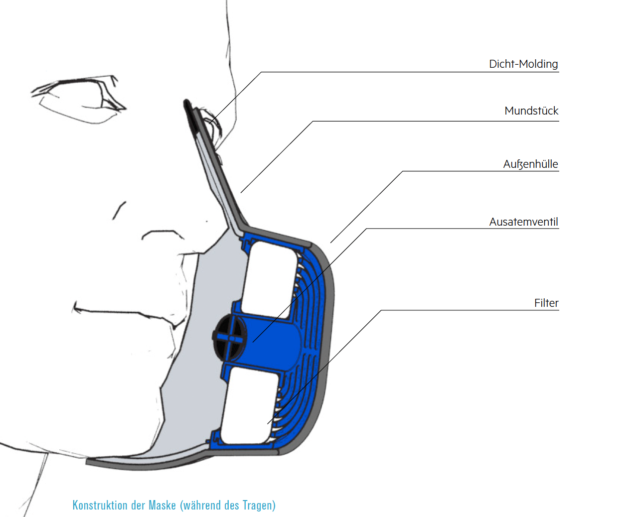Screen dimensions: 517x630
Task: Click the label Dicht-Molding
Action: coord(523,64)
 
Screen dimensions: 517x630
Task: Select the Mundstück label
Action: coord(531,111)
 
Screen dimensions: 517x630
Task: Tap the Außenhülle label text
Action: coord(530,164)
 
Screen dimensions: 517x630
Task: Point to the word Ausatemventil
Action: coord(523,222)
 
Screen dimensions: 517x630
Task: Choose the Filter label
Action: coord(546,303)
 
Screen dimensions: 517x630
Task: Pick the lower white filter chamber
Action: coord(249,408)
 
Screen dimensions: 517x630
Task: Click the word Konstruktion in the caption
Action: coord(100,505)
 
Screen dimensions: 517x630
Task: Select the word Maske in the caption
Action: coord(162,505)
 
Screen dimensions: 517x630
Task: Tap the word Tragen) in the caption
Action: coord(259,505)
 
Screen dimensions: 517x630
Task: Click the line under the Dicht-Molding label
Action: coord(409,72)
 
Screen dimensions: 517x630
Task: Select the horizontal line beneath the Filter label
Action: coord(469,310)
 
